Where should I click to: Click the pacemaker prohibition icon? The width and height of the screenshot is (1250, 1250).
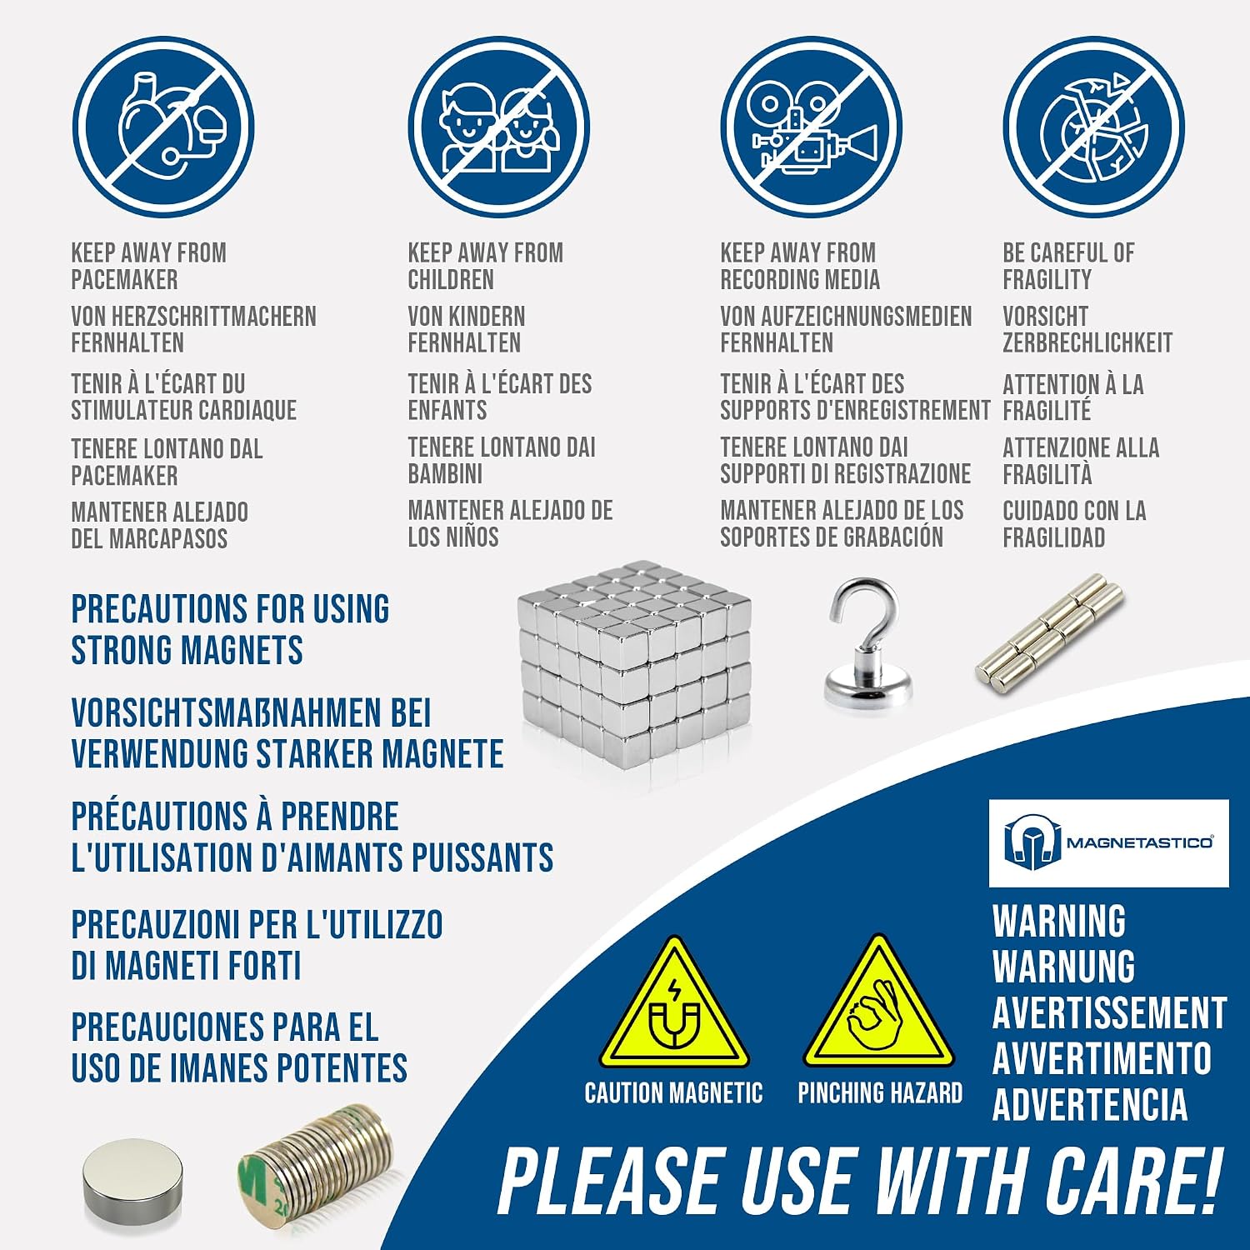tap(162, 127)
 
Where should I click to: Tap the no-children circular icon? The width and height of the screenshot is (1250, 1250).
tap(499, 127)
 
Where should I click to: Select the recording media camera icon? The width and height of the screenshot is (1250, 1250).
tap(812, 127)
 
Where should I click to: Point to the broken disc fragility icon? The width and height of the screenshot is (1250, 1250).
tap(1093, 127)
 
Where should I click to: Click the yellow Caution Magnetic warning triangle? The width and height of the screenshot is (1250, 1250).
tap(674, 1007)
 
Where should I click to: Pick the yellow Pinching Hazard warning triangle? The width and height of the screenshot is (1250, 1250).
tap(878, 1005)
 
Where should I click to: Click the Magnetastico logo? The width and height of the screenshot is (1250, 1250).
tap(1108, 842)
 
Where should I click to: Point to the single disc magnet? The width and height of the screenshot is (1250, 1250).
tap(132, 1176)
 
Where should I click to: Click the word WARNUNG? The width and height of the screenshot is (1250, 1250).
tap(1063, 967)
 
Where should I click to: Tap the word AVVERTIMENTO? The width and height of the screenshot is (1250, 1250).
tap(1102, 1058)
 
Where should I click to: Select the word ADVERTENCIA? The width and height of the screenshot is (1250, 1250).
tap(1090, 1104)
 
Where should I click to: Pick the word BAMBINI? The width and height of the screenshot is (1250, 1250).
tap(445, 474)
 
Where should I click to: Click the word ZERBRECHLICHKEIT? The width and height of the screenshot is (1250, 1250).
tap(1087, 343)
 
